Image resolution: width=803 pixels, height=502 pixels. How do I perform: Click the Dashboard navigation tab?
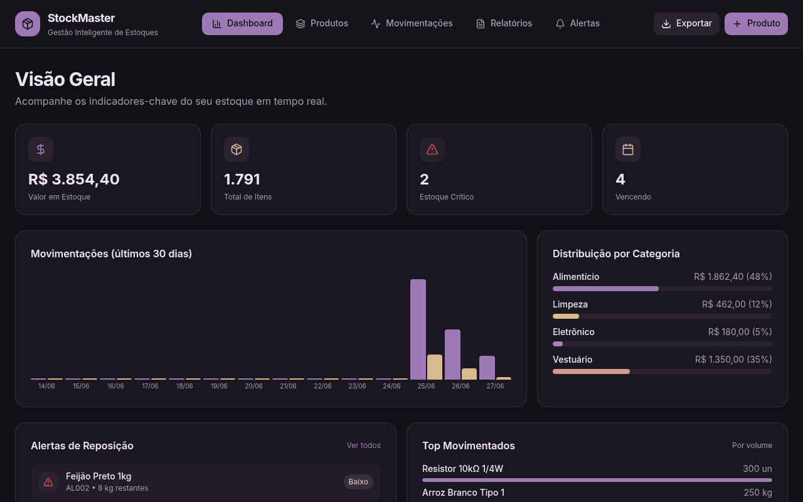coord(242,24)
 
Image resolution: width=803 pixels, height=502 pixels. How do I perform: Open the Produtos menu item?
coord(322,24)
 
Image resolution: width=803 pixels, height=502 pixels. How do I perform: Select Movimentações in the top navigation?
coord(412,24)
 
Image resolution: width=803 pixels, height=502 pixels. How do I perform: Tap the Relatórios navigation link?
coord(504,24)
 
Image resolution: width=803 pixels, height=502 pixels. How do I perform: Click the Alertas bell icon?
coord(560,24)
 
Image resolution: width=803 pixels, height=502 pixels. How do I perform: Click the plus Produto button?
coord(756,24)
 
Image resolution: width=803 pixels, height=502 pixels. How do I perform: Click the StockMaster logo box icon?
coord(28,24)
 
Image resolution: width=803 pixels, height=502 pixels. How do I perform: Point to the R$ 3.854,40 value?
coord(74,179)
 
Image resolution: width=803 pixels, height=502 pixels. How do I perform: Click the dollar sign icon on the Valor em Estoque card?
coord(41,149)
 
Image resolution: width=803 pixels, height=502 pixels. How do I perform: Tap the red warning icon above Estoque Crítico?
coord(432,149)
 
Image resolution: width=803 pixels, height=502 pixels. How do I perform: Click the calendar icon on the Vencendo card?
coord(628,149)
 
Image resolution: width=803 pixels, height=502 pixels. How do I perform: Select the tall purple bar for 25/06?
coord(418,329)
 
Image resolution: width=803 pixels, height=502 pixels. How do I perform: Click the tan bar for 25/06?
coord(435,367)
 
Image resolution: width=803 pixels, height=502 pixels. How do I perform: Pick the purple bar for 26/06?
coord(452,355)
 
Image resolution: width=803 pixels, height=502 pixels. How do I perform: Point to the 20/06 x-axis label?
coord(253,386)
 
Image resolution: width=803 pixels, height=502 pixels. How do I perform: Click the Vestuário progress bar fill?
coord(591,371)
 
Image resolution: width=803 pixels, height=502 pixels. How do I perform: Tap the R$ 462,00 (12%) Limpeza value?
coord(737,304)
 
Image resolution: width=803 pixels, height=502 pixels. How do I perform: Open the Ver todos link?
coord(363,446)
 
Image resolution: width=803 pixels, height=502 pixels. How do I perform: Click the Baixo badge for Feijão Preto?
coord(358,481)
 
